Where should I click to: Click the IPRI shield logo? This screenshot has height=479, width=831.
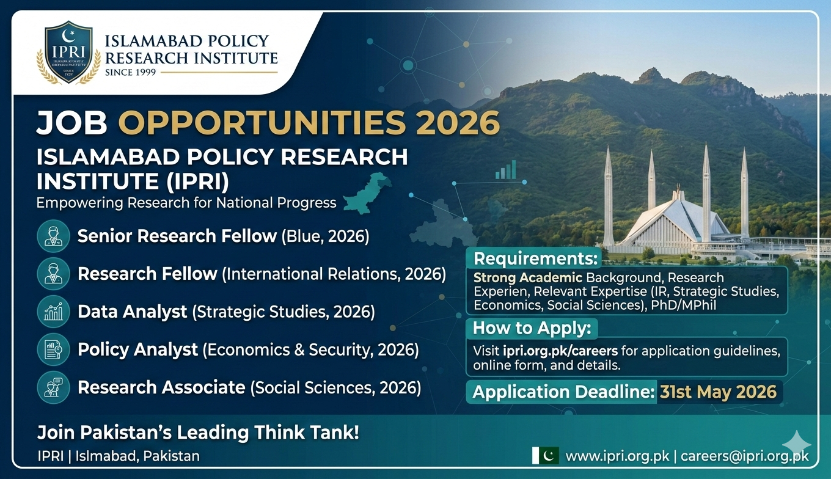pyautogui.click(x=68, y=53)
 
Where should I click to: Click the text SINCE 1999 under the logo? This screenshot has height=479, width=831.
pyautogui.click(x=130, y=72)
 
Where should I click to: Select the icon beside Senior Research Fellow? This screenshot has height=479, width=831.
pyautogui.click(x=54, y=236)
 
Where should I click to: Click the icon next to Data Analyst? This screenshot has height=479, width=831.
pyautogui.click(x=54, y=312)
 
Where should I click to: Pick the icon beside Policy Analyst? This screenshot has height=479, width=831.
pyautogui.click(x=54, y=349)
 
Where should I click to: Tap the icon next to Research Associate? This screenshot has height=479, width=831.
pyautogui.click(x=54, y=387)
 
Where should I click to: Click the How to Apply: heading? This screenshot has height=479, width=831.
pyautogui.click(x=532, y=328)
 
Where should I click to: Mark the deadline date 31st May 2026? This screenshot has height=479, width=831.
pyautogui.click(x=718, y=392)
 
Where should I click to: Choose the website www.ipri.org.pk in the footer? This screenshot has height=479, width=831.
pyautogui.click(x=618, y=456)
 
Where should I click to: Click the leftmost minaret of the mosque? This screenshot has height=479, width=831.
pyautogui.click(x=608, y=196)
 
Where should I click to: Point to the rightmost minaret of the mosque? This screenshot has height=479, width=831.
pyautogui.click(x=745, y=192)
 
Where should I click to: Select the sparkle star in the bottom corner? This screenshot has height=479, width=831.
pyautogui.click(x=796, y=444)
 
